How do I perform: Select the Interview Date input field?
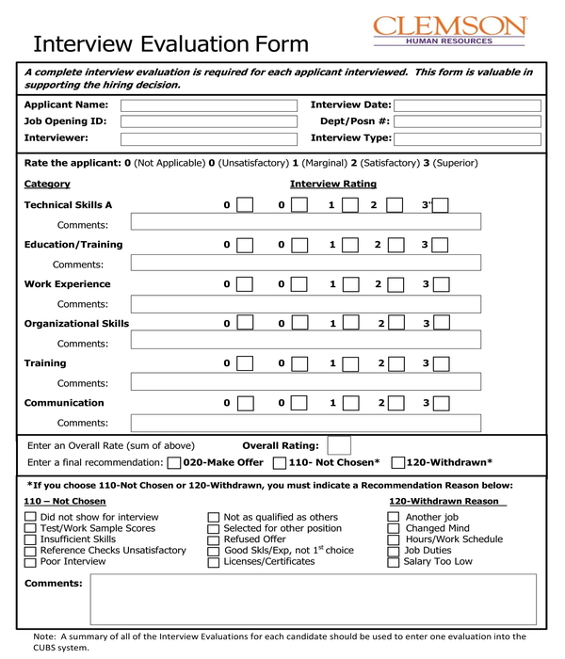[467, 105]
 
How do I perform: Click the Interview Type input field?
[467, 138]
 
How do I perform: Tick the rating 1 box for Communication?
[350, 403]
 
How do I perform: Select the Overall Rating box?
[340, 445]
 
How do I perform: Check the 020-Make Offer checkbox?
[173, 463]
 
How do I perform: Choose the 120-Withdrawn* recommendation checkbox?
[397, 463]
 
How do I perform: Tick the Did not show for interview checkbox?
[30, 517]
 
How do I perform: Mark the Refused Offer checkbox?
[214, 539]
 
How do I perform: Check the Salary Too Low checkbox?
[394, 562]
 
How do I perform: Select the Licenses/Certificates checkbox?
[214, 562]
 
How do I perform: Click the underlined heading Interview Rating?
[333, 185]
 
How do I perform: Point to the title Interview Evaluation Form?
[170, 44]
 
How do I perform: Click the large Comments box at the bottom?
[312, 599]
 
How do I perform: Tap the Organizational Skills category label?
[76, 324]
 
